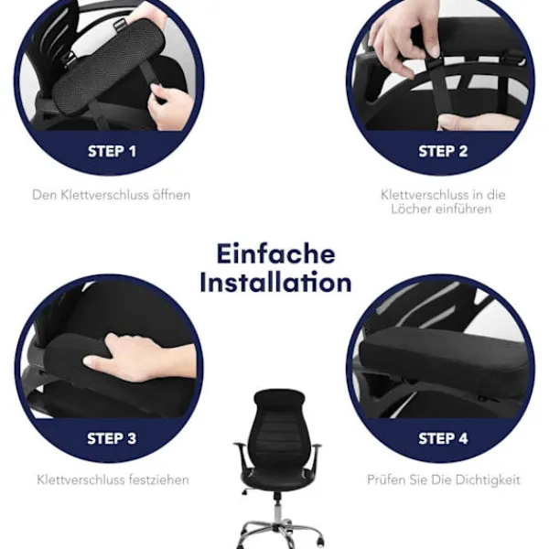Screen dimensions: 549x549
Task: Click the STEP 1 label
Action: [112, 151]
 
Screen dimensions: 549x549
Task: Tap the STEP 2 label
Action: [443, 151]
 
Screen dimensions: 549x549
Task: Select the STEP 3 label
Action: [112, 438]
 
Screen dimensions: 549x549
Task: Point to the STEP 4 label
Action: [443, 438]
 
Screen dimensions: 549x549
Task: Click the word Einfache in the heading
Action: [276, 253]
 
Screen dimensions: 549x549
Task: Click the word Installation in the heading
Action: [276, 282]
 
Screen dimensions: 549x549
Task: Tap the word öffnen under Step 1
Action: [171, 195]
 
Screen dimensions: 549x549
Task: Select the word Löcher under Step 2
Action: [411, 209]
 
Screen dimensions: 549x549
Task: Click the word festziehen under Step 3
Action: [159, 479]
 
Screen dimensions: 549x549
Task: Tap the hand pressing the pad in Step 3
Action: [140, 357]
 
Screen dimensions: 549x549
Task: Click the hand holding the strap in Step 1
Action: [170, 107]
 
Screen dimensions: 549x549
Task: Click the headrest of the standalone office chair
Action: [279, 399]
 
